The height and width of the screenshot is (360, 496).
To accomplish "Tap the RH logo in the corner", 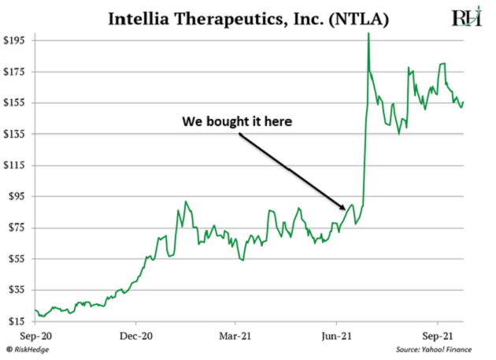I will click(466, 18).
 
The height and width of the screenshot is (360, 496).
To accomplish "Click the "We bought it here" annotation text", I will click(237, 123).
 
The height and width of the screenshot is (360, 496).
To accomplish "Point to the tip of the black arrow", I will click(346, 210).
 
